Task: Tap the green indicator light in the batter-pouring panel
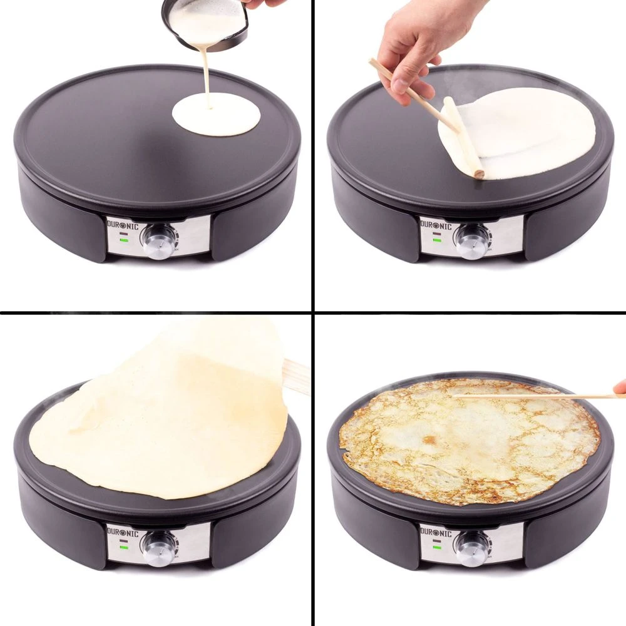pos(125,239)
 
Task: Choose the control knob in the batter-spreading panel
pos(472,240)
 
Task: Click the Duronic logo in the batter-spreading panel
pos(438,223)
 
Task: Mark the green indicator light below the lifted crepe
pos(125,545)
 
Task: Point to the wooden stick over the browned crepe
pos(532,396)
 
